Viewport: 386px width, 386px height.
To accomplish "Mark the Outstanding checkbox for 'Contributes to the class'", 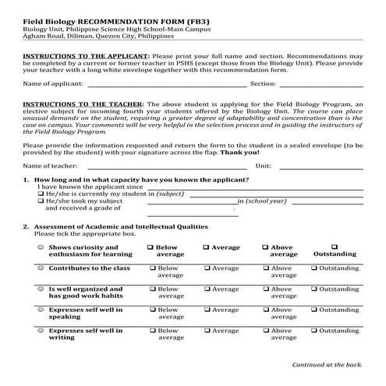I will (x=313, y=268).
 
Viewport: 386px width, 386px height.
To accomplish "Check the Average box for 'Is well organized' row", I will (x=207, y=289).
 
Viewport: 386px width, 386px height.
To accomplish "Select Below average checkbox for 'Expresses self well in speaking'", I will (x=151, y=310).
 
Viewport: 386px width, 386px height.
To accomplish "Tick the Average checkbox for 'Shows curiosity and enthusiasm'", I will (x=207, y=247).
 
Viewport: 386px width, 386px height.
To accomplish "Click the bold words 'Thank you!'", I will (x=239, y=152).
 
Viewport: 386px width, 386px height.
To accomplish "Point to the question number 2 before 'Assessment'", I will (x=26, y=226).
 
